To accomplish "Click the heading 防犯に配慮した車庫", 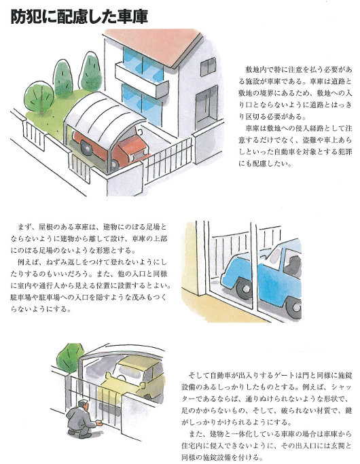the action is [x=79, y=17].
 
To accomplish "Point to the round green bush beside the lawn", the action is [x=39, y=97].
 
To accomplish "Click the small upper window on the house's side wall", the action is [x=208, y=67].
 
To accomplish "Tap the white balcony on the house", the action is [x=141, y=80].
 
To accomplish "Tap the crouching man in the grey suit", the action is [x=82, y=419].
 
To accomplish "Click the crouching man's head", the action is [x=83, y=405].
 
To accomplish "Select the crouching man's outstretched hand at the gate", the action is [x=101, y=424].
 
